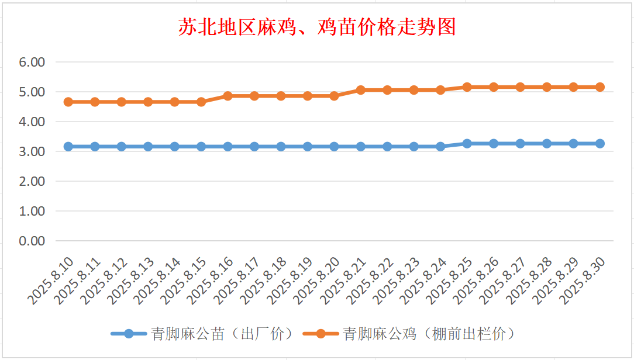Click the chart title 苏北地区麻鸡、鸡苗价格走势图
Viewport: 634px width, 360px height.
(317, 27)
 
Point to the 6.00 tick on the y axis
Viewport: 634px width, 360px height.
(33, 62)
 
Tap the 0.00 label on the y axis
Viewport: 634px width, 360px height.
(33, 241)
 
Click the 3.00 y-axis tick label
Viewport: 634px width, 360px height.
(33, 151)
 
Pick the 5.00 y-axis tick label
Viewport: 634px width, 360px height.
(33, 92)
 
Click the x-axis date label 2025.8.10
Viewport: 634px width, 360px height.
(51, 281)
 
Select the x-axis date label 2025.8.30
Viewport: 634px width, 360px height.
(583, 281)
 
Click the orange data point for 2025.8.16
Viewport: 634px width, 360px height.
(228, 96)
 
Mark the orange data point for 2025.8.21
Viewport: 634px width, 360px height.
(361, 90)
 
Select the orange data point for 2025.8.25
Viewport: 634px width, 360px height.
(467, 87)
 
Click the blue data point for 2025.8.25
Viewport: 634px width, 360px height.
(467, 144)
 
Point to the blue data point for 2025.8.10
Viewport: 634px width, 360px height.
(68, 147)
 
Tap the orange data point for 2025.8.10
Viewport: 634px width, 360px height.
(68, 102)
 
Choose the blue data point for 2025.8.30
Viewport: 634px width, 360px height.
(599, 144)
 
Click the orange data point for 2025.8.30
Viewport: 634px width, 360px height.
(599, 87)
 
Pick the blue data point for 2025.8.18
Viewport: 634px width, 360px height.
(281, 147)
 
